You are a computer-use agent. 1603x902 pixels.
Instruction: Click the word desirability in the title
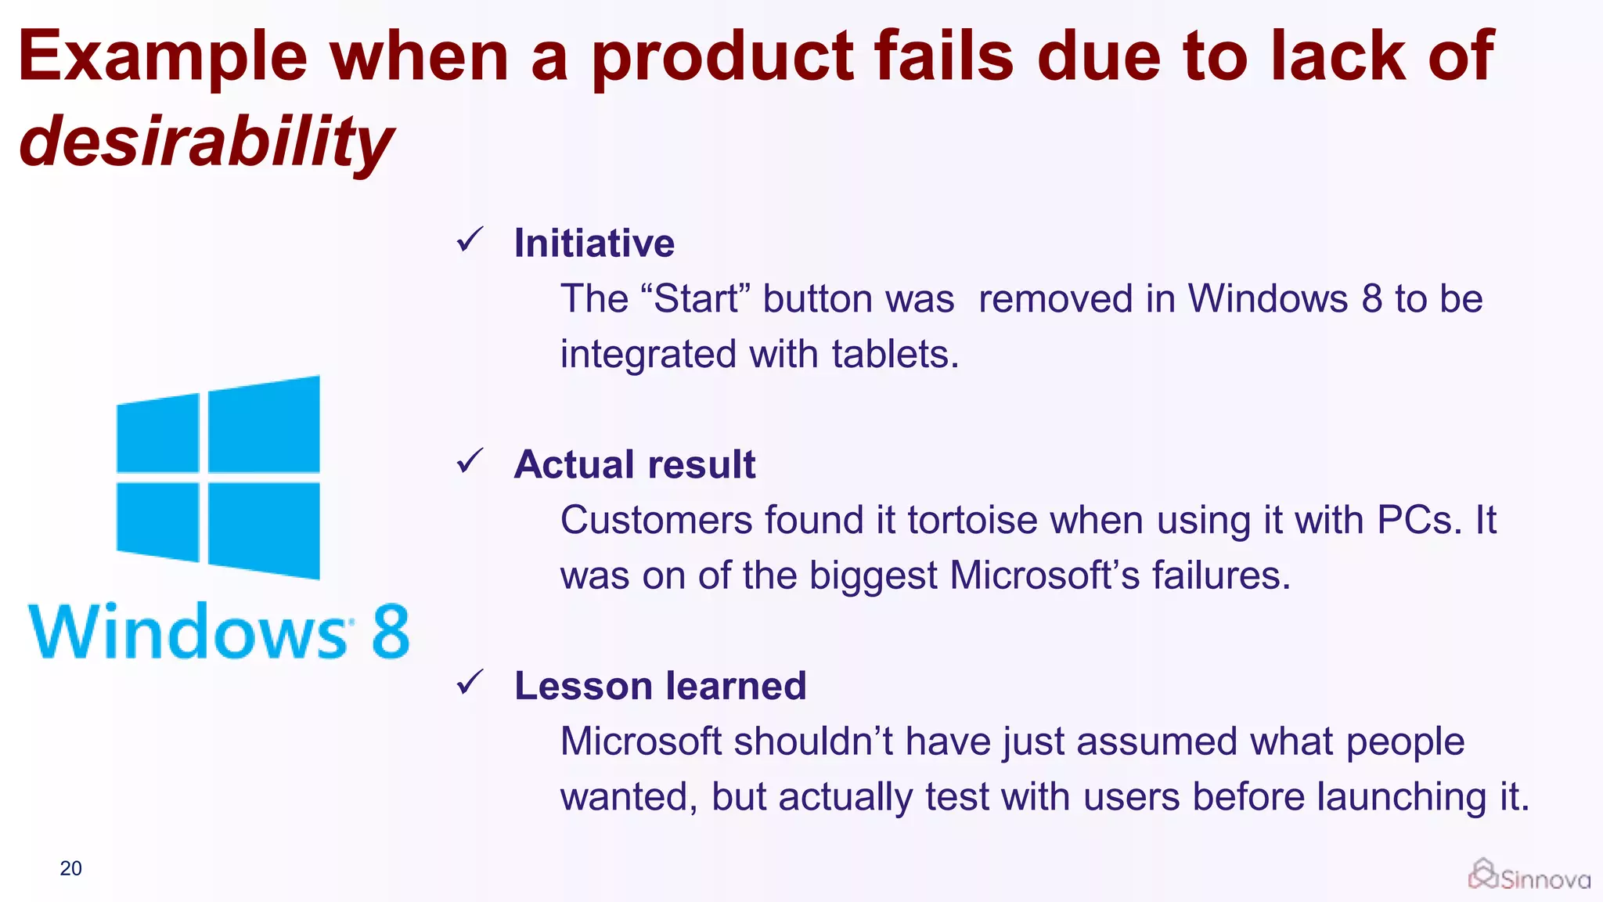point(206,142)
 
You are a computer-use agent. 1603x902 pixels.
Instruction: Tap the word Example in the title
point(163,56)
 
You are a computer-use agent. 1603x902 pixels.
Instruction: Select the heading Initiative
point(594,243)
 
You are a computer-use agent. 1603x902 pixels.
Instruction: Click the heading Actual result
point(635,464)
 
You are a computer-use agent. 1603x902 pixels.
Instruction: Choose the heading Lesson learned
point(660,686)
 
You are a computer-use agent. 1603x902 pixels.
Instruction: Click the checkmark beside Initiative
point(470,240)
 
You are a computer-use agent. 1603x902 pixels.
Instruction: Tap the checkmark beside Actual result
point(470,461)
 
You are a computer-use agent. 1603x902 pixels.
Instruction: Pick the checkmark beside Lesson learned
point(470,683)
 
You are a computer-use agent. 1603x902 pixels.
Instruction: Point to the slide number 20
point(70,868)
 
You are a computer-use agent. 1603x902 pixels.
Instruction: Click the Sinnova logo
point(1529,876)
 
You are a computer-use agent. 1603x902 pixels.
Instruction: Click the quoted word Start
point(696,299)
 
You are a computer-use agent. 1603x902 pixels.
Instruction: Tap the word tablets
point(895,354)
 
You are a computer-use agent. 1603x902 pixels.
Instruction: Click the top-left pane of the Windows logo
point(158,434)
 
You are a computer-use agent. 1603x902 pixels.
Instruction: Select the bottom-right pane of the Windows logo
point(264,530)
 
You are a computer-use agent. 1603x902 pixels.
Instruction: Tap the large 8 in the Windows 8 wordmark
point(391,631)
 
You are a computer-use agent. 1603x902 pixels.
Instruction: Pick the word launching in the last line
point(1401,797)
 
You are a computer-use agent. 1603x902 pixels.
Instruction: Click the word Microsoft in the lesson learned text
point(641,741)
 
